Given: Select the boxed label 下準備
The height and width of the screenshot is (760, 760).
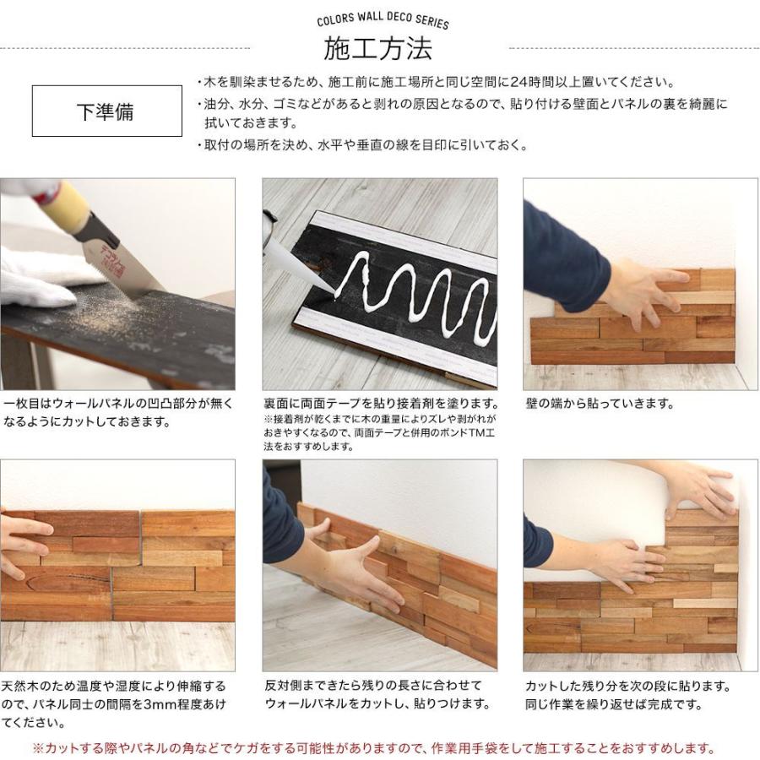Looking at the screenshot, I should [x=107, y=111].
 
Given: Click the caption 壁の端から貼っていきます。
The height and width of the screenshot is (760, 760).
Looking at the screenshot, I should [x=600, y=404].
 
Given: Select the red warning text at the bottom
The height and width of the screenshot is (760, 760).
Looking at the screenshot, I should [x=374, y=748].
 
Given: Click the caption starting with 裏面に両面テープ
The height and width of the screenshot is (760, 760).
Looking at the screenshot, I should [x=380, y=404].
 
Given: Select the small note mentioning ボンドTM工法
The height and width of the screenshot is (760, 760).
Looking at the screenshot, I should [x=380, y=432].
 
